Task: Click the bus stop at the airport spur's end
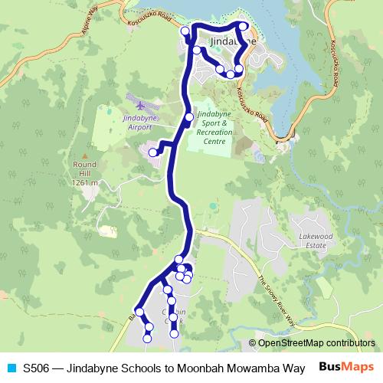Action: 152,152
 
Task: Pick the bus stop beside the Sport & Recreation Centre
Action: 188,117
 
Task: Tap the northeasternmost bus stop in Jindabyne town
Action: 244,27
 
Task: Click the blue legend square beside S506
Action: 10,368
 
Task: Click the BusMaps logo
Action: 346,367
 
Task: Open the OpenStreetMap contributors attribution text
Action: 316,344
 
